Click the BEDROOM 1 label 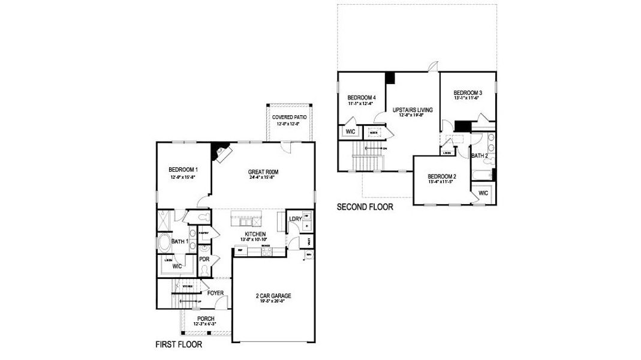(x=184, y=170)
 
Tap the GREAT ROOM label (x=263, y=172)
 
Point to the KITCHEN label (x=255, y=234)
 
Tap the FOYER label (x=215, y=293)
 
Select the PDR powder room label (x=204, y=260)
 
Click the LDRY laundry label (x=295, y=219)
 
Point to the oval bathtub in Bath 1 (x=165, y=243)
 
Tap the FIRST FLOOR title (x=179, y=345)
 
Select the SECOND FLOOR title (x=365, y=208)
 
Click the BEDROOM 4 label (x=362, y=98)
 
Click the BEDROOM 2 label (x=443, y=176)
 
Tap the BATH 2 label (x=479, y=156)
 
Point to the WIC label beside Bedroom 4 (x=350, y=131)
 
